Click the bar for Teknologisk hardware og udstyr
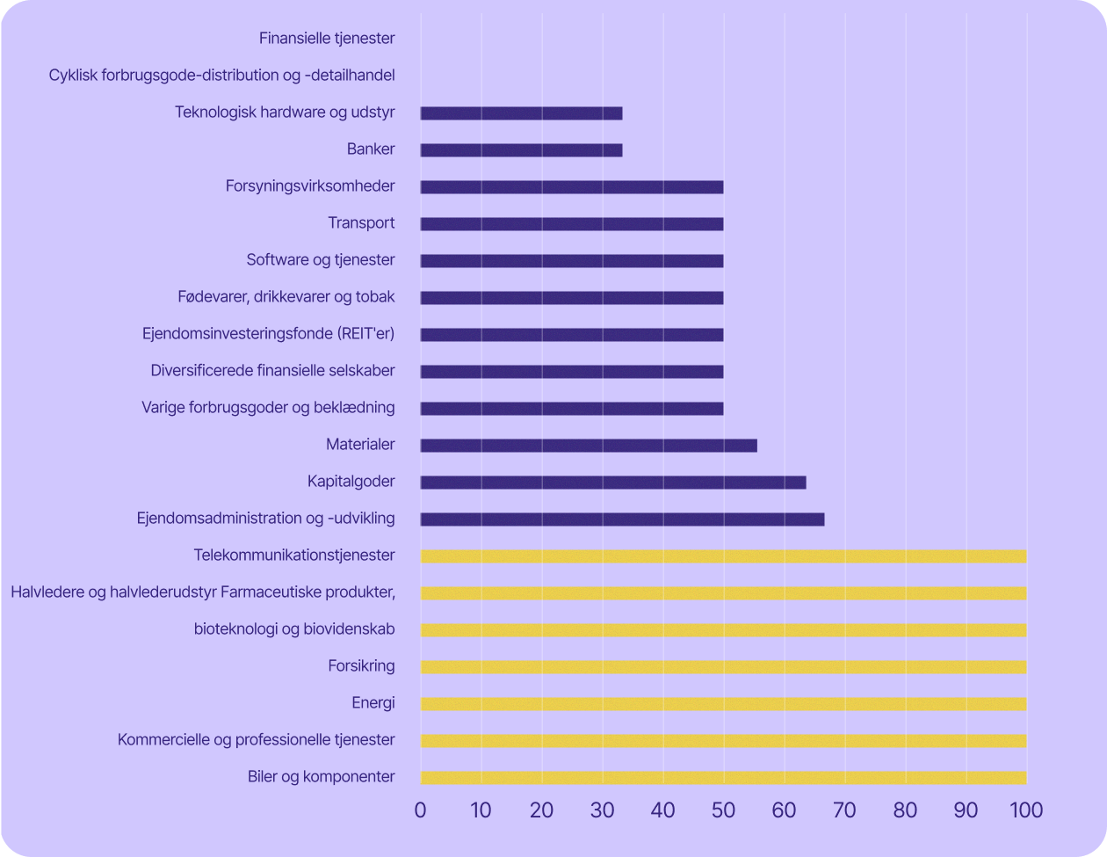pos(521,113)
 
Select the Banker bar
pos(521,150)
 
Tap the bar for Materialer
pos(589,446)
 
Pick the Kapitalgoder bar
pos(613,483)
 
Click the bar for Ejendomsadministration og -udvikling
pos(622,519)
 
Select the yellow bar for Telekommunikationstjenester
pos(723,556)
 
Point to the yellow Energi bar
pos(723,704)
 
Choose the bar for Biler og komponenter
pos(723,778)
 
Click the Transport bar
pos(572,224)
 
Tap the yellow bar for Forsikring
pos(723,667)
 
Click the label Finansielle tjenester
pos(327,38)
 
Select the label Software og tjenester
pos(321,260)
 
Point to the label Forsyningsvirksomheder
pos(310,186)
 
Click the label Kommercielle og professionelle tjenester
pos(257,740)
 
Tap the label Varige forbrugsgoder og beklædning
pos(268,408)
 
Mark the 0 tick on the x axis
pos(421,810)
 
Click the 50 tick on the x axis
pos(723,810)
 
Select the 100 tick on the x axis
pos(1025,810)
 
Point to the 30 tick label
pos(602,810)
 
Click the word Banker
pos(371,149)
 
